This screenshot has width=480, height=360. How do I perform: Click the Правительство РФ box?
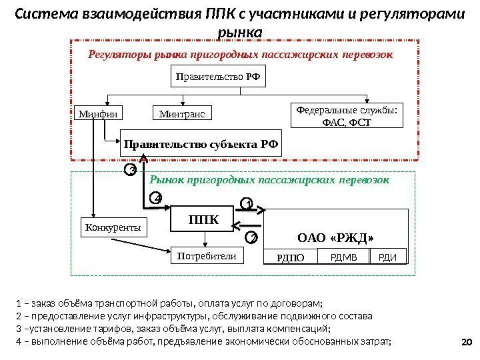[216, 77]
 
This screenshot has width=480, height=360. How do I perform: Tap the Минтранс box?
[182, 114]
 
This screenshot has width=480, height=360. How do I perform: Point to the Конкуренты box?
[113, 227]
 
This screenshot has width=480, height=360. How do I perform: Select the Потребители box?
[206, 255]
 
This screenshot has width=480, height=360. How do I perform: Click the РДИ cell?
[388, 257]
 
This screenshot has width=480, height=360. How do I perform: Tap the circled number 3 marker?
[131, 171]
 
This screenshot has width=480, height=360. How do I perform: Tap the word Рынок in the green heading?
[169, 180]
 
